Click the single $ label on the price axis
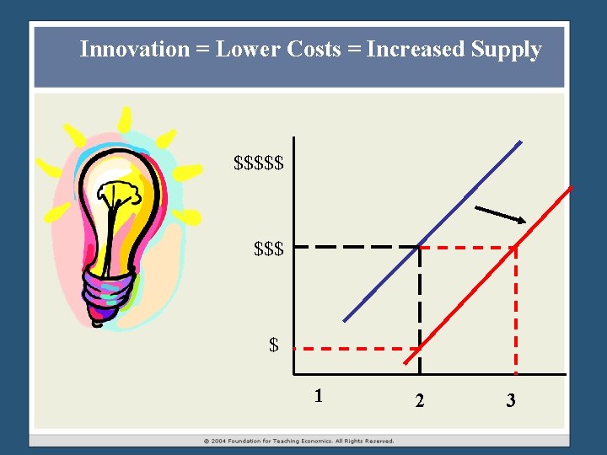[x=273, y=345]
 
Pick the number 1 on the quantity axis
[x=317, y=395]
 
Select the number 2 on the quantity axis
[x=420, y=400]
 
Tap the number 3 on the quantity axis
[x=510, y=400]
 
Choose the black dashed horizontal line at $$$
[x=354, y=248]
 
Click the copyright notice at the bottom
[x=298, y=441]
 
